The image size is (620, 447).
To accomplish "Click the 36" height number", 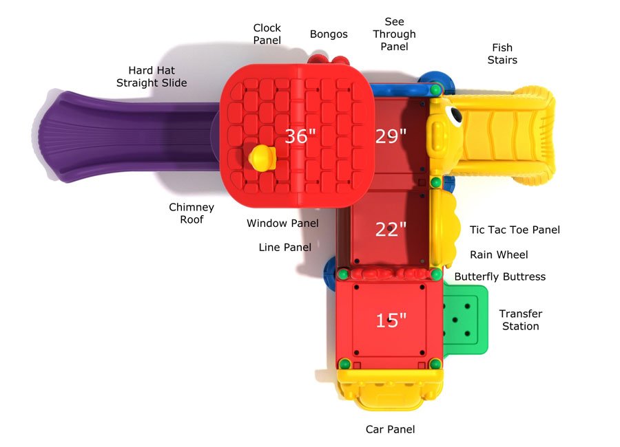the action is point(300,136).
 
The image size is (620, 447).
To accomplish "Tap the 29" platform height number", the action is point(391,136).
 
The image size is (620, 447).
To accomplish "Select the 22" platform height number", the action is point(391,229).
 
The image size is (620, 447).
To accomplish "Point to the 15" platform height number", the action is point(391,320).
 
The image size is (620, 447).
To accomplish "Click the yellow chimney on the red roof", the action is point(262,158).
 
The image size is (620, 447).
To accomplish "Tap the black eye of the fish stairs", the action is point(455,115).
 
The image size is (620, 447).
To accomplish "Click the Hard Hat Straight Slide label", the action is point(152,76).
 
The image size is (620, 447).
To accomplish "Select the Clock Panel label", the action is point(267,34).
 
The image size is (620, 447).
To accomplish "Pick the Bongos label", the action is point(329,34).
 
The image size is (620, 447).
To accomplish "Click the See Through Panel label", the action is point(394,34).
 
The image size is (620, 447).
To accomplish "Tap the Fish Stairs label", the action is point(502,54).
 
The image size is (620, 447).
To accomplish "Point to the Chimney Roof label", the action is point(192,213).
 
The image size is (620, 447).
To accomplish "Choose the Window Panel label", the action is point(282,223).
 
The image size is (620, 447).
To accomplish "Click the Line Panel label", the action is point(285,247).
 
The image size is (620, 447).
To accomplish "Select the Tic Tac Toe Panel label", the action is point(515,230).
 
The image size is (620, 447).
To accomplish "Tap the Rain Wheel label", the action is point(499,254).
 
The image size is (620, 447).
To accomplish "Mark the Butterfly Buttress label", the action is point(500,276).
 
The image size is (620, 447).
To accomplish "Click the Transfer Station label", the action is point(520,320).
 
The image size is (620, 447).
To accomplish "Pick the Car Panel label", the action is point(391,429).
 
